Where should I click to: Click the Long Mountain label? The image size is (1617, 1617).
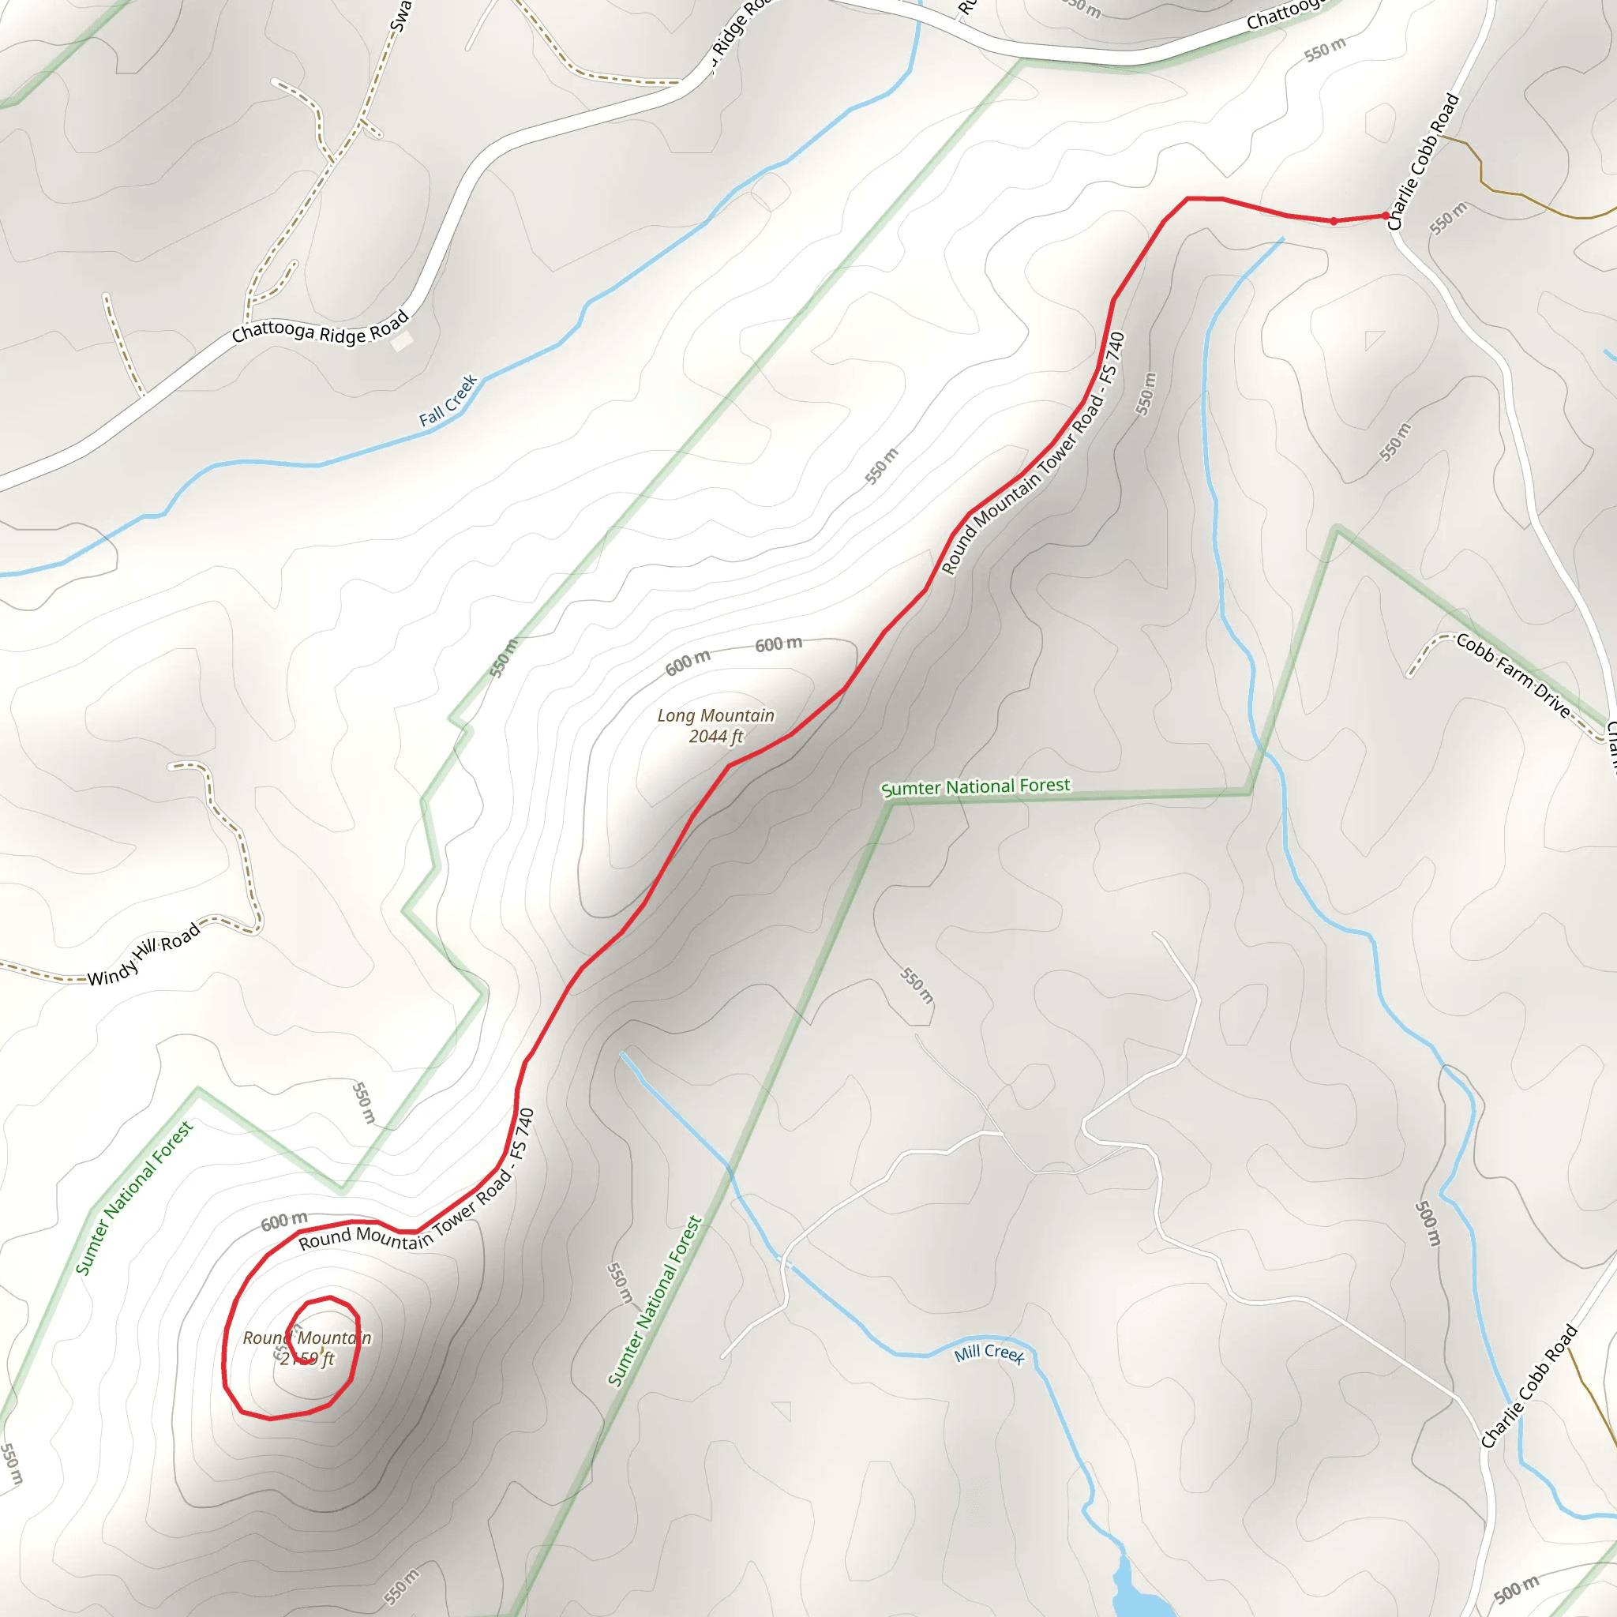pyautogui.click(x=715, y=715)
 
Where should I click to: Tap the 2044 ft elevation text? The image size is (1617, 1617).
pyautogui.click(x=715, y=737)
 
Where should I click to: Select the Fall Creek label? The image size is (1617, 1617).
pyautogui.click(x=448, y=400)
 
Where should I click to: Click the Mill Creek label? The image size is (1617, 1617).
pyautogui.click(x=989, y=1353)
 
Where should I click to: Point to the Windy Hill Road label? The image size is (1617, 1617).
pyautogui.click(x=144, y=954)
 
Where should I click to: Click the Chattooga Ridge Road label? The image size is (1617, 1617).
pyautogui.click(x=321, y=327)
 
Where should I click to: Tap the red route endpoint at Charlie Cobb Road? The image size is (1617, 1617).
pyautogui.click(x=1386, y=216)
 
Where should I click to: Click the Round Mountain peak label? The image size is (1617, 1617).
pyautogui.click(x=307, y=1337)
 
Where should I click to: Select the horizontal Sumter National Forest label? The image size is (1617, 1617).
pyautogui.click(x=975, y=786)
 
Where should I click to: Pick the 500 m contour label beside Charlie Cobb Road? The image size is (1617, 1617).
pyautogui.click(x=1428, y=1223)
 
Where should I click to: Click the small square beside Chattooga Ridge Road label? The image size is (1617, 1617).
pyautogui.click(x=403, y=341)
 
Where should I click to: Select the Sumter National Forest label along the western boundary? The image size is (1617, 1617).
pyautogui.click(x=135, y=1198)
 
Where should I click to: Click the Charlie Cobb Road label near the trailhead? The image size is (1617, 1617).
pyautogui.click(x=1423, y=162)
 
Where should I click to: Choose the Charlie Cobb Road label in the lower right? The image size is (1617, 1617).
pyautogui.click(x=1529, y=1385)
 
